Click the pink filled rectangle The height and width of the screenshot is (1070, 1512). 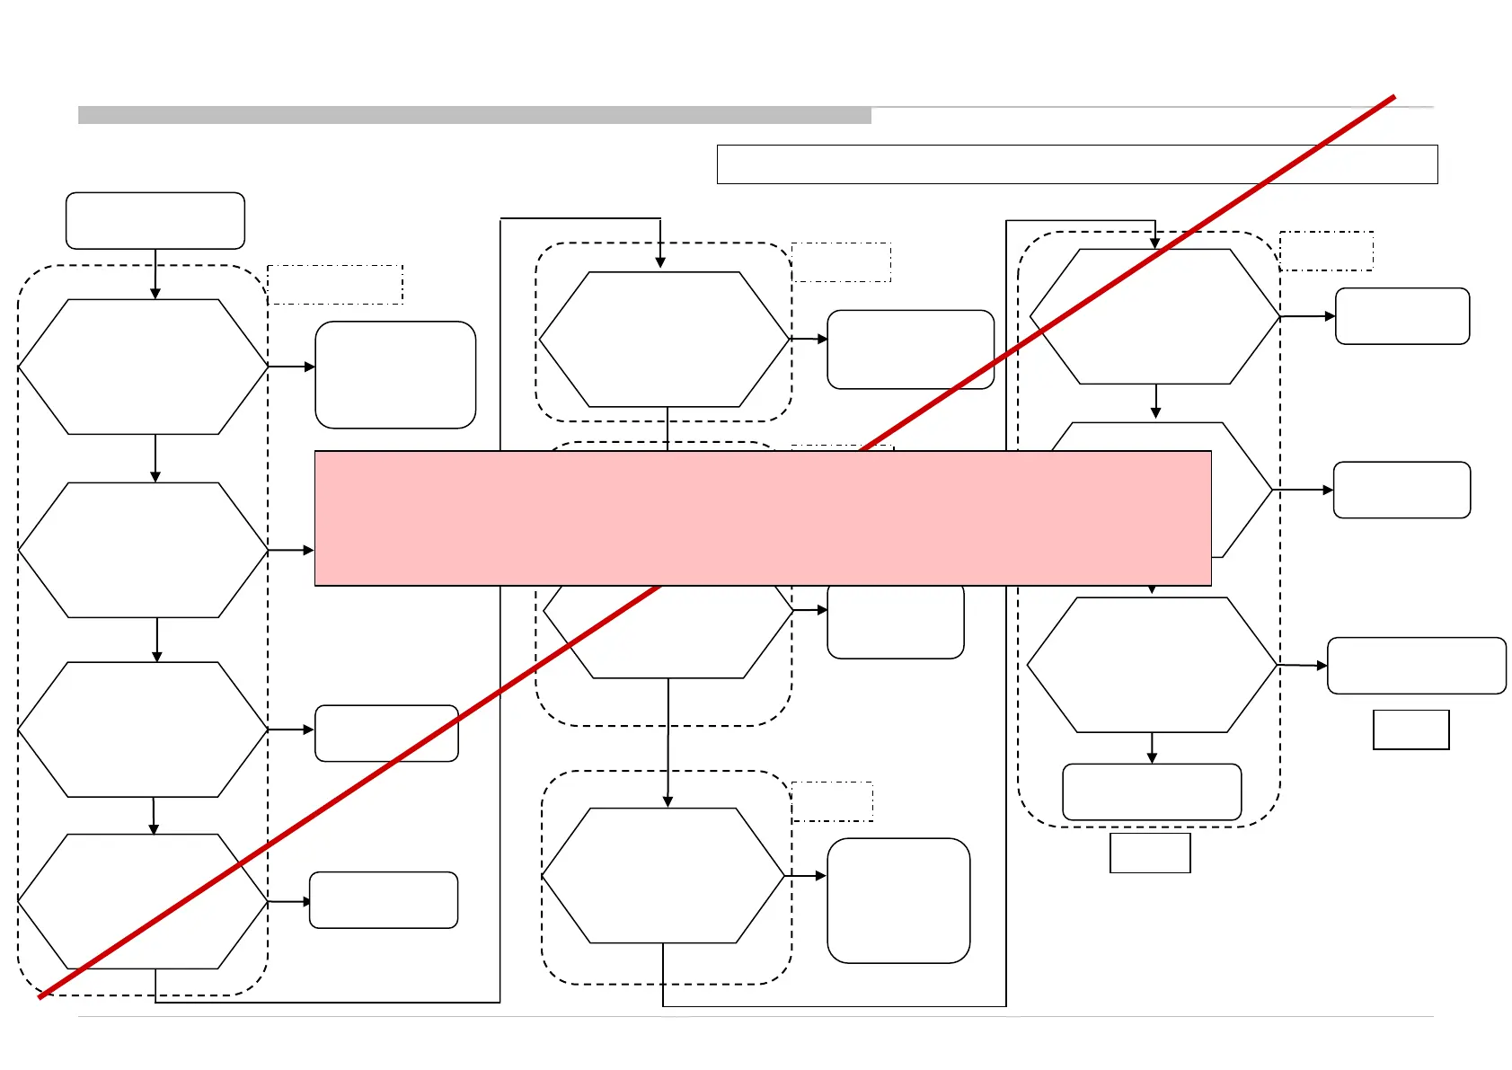point(763,518)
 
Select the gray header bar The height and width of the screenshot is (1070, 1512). point(474,115)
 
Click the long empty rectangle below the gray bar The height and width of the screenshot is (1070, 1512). point(1077,164)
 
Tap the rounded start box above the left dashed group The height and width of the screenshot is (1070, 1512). point(155,220)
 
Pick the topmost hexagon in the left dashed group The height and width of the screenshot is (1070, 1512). point(144,367)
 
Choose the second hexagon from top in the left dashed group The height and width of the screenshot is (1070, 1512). point(144,550)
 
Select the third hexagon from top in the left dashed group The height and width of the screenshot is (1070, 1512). point(144,730)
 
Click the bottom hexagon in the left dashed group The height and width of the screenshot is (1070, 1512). point(144,901)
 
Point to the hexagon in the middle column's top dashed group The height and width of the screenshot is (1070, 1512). point(664,340)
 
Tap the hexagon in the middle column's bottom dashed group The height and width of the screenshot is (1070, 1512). point(664,875)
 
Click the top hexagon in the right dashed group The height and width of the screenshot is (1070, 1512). point(1155,316)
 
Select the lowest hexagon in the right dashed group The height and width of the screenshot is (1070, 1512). point(1152,665)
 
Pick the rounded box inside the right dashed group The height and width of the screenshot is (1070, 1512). point(1152,791)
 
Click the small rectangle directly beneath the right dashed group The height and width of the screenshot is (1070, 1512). point(1150,853)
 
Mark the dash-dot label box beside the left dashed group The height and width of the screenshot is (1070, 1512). point(335,284)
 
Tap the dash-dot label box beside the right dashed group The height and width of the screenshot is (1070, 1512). point(1326,251)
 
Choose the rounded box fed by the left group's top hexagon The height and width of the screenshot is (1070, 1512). point(395,375)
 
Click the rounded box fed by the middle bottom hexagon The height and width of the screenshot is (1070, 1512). point(898,900)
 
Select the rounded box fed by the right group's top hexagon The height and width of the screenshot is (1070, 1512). point(1402,316)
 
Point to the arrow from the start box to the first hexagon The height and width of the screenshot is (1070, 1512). point(155,273)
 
